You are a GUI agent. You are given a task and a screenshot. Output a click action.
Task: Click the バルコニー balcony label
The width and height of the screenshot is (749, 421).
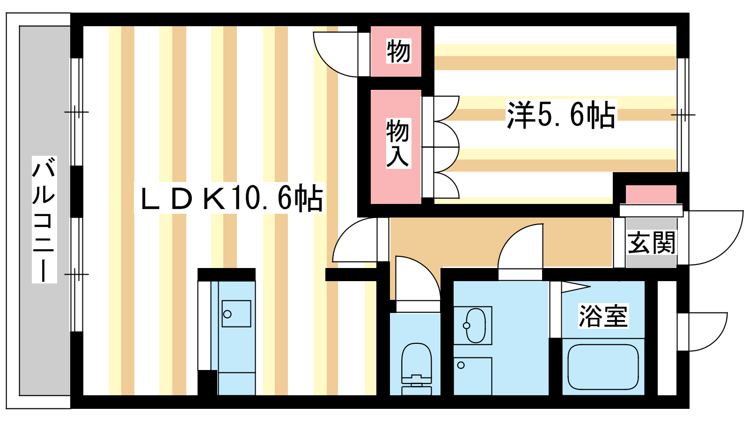(44, 219)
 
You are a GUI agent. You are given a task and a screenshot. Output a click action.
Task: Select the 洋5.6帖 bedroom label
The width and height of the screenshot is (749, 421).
(561, 114)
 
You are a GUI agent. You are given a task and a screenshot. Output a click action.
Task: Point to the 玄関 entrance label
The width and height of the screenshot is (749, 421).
(651, 243)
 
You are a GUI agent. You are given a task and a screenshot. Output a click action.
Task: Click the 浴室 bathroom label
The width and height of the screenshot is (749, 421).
(603, 316)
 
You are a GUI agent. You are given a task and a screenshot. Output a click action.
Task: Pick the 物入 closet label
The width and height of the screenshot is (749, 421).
(398, 143)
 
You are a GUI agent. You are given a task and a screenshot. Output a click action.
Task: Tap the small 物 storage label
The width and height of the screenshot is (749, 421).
(398, 51)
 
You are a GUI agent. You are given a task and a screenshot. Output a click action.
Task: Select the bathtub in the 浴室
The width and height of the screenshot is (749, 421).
(603, 367)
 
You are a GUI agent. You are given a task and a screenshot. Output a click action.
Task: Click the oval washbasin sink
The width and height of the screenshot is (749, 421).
(475, 326)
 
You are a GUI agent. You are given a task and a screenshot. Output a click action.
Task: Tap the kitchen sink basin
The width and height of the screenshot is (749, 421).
(236, 314)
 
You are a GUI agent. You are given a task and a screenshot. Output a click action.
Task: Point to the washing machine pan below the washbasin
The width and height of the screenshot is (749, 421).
(472, 376)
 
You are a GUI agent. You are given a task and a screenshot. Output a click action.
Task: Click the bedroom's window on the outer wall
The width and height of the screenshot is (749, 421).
(683, 115)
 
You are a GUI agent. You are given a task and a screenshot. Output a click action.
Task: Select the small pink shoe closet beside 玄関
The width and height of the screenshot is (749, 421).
(651, 194)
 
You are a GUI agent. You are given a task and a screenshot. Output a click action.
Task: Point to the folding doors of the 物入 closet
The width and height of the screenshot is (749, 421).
(441, 147)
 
